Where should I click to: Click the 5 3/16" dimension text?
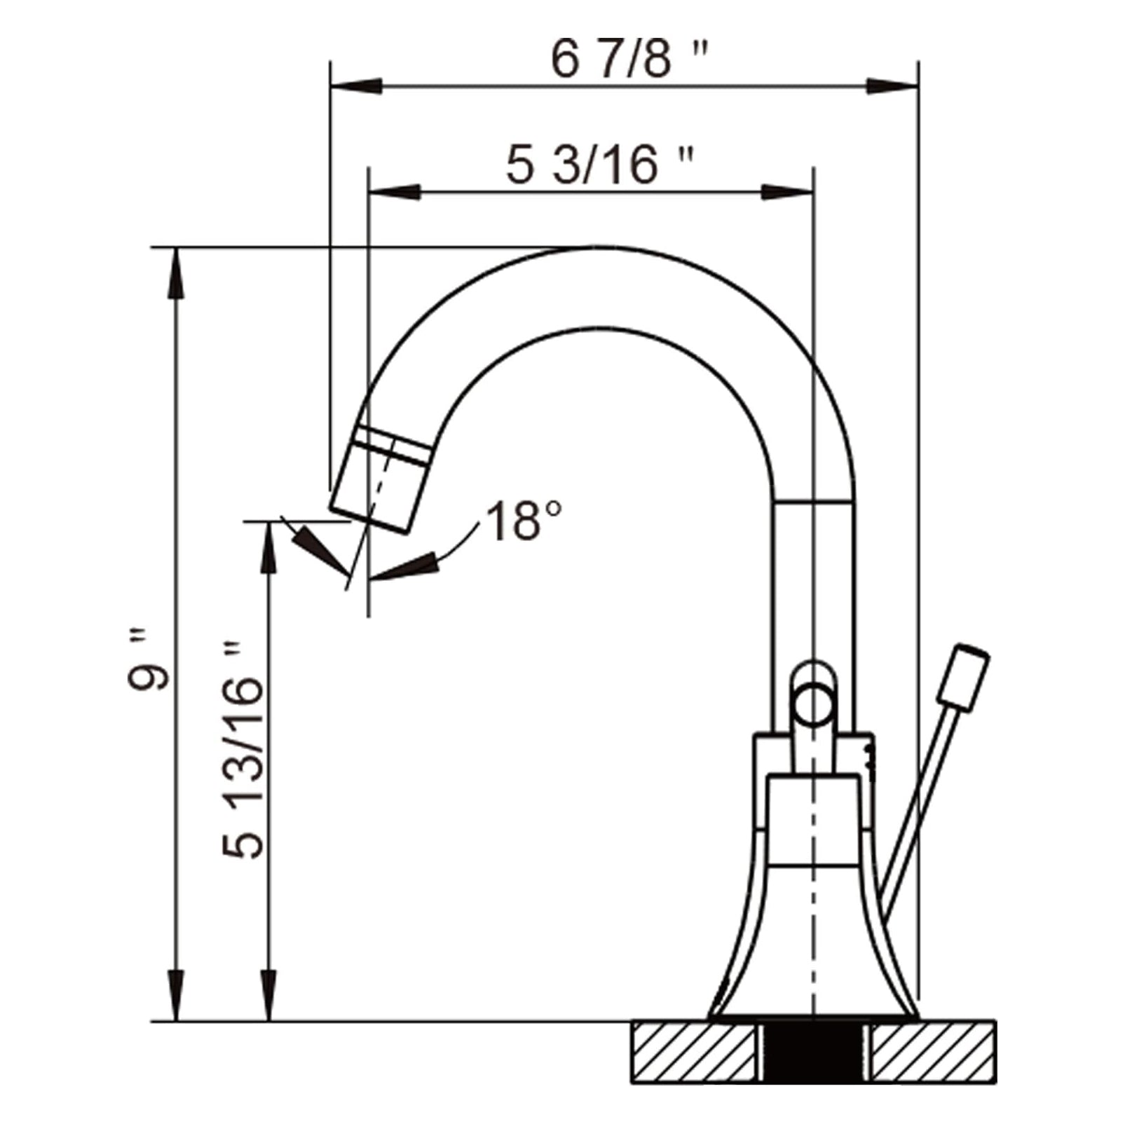[x=599, y=166]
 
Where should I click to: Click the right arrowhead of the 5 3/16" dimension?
[x=788, y=192]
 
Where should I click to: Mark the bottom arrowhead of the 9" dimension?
[x=176, y=995]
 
